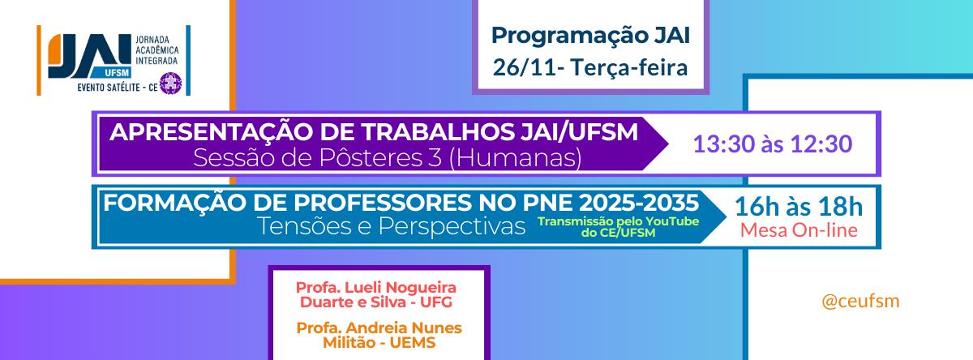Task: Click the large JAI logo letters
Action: (89, 56)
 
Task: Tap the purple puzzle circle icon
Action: (170, 84)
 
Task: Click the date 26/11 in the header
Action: (524, 68)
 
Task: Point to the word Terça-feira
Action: (629, 68)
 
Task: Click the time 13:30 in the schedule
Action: (723, 144)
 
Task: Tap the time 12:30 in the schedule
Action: (821, 144)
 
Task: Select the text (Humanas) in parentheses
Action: (515, 157)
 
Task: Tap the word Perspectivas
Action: (452, 227)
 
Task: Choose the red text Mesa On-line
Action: (799, 230)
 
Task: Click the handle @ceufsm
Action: (860, 301)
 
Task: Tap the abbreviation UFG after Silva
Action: (436, 302)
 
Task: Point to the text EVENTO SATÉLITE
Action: (109, 88)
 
